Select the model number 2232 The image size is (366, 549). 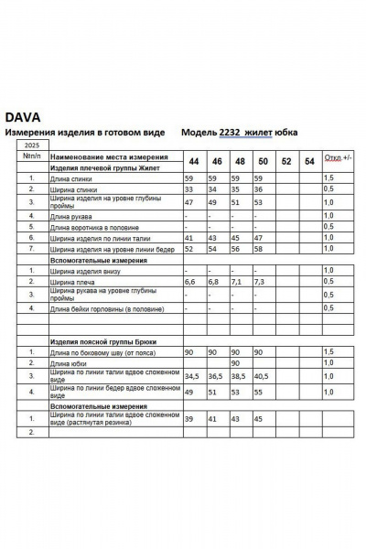[229, 133]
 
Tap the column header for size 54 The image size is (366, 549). [309, 161]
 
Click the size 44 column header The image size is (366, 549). [194, 161]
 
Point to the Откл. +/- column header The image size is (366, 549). [338, 157]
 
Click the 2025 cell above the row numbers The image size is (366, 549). [31, 145]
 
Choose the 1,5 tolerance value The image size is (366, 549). [328, 178]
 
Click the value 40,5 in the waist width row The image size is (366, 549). [262, 375]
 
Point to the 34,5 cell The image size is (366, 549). [192, 375]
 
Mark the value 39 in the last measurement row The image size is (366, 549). [189, 418]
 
